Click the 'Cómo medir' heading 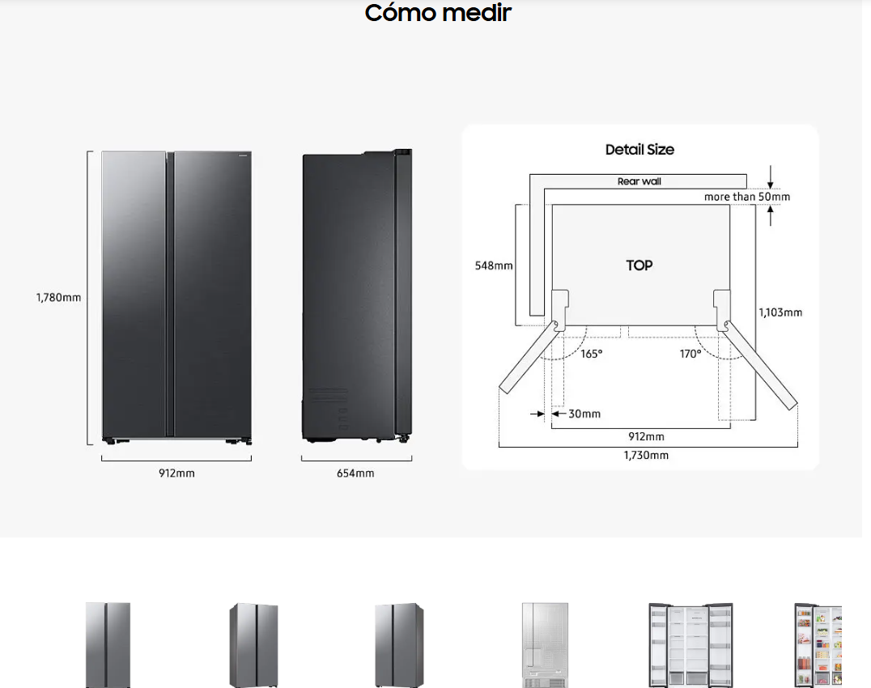(x=438, y=12)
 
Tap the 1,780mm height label (x=58, y=298)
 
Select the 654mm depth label (x=355, y=474)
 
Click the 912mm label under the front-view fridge (x=176, y=474)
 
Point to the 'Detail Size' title (x=639, y=150)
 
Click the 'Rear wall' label (x=639, y=181)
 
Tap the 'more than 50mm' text (x=746, y=197)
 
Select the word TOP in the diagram (x=639, y=265)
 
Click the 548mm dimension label (x=494, y=265)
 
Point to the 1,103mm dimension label (x=780, y=312)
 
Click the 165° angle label (x=592, y=354)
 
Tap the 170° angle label (x=690, y=354)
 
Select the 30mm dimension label (x=584, y=414)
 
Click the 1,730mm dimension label (x=646, y=456)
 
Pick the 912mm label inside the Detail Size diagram (x=646, y=436)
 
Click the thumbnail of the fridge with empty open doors (x=690, y=645)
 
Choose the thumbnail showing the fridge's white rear (x=545, y=645)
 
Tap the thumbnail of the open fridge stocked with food (x=818, y=645)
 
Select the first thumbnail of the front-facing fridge (x=108, y=645)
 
